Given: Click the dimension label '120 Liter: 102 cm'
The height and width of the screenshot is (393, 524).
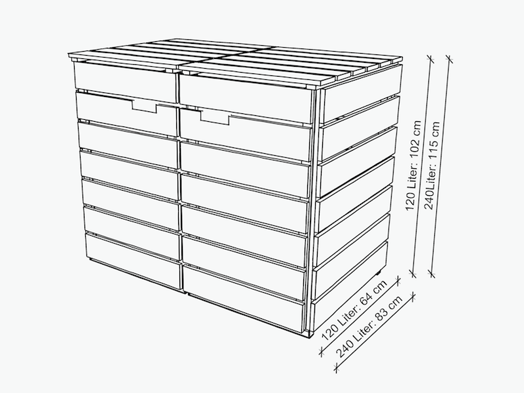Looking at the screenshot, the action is coord(413,166).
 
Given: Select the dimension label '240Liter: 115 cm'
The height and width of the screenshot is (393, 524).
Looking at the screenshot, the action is coord(432,166).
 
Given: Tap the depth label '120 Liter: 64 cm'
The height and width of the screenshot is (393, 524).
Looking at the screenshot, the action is coord(354,310).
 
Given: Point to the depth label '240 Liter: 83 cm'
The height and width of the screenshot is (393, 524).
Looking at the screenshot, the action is coord(369,326).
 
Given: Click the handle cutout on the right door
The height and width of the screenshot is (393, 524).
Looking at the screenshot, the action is coord(215,118).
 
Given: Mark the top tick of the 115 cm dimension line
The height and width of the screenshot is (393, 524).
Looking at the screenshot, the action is coord(449,58).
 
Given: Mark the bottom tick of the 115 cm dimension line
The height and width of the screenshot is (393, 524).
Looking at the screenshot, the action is coord(432,274).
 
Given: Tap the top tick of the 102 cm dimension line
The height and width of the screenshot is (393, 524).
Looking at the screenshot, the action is coord(430,59).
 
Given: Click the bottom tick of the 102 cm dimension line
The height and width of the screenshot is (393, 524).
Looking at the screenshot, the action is coord(413,274).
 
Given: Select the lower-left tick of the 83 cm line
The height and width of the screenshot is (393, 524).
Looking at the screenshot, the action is coord(336,368).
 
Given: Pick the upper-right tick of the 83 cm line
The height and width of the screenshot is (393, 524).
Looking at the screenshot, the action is coord(413,296).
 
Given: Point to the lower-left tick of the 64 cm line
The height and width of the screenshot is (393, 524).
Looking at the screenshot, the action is coord(322,352).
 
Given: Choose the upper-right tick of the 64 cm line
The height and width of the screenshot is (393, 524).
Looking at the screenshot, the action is coord(398,281).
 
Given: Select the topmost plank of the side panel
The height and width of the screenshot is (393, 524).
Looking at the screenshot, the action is coord(362,93).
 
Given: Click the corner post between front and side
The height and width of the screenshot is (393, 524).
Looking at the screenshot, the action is coord(314,210).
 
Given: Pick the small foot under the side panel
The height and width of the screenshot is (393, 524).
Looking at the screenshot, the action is coord(379,273).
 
